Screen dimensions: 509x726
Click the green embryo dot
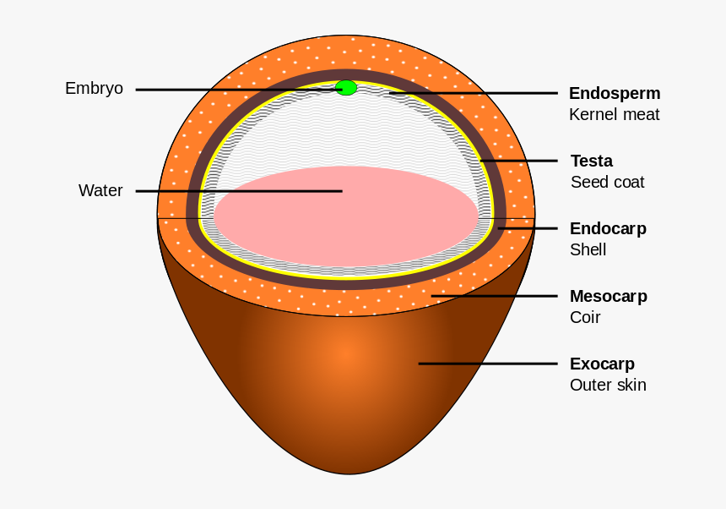point(346,88)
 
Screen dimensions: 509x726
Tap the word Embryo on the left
point(94,88)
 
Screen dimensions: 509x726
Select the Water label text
point(100,190)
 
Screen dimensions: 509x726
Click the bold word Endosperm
point(614,93)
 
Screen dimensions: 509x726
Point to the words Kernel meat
point(614,114)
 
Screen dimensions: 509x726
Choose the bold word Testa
point(591,161)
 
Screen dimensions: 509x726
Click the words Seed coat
point(607,182)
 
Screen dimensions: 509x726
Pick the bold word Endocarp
point(608,228)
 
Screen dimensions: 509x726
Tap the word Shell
point(588,249)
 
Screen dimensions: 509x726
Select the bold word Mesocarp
point(608,296)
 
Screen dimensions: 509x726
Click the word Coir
point(584,317)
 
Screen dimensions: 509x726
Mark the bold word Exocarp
point(602,364)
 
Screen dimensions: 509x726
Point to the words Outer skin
point(608,385)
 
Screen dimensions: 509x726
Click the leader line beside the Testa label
point(519,161)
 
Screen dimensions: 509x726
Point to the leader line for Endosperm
point(473,93)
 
